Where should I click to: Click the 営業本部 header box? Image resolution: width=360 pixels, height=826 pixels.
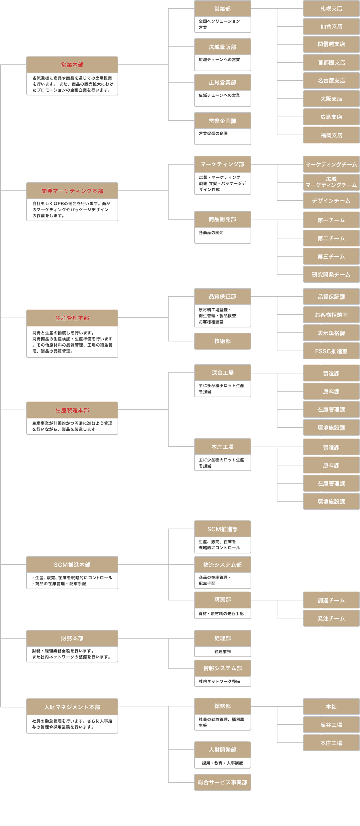pyautogui.click(x=72, y=65)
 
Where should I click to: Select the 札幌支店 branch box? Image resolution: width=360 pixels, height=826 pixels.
pyautogui.click(x=331, y=8)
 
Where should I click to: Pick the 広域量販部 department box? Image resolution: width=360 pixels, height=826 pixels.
pyautogui.click(x=222, y=47)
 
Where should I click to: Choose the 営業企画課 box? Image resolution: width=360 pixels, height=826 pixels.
pyautogui.click(x=222, y=121)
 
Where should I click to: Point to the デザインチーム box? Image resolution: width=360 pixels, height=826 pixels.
pyautogui.click(x=331, y=201)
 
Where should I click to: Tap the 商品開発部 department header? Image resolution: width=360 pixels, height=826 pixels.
pyautogui.click(x=222, y=219)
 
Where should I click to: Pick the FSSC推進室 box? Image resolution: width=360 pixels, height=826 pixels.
pyautogui.click(x=331, y=351)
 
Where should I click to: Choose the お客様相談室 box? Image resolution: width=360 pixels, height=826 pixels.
pyautogui.click(x=331, y=315)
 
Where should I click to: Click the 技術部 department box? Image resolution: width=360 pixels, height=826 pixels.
pyautogui.click(x=222, y=341)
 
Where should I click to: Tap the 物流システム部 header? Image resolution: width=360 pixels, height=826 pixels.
pyautogui.click(x=222, y=565)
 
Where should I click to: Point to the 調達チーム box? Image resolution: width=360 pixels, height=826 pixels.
pyautogui.click(x=331, y=600)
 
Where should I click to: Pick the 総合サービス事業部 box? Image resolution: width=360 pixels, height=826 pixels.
pyautogui.click(x=222, y=782)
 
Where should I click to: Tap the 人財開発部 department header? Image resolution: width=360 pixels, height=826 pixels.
pyautogui.click(x=222, y=750)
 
